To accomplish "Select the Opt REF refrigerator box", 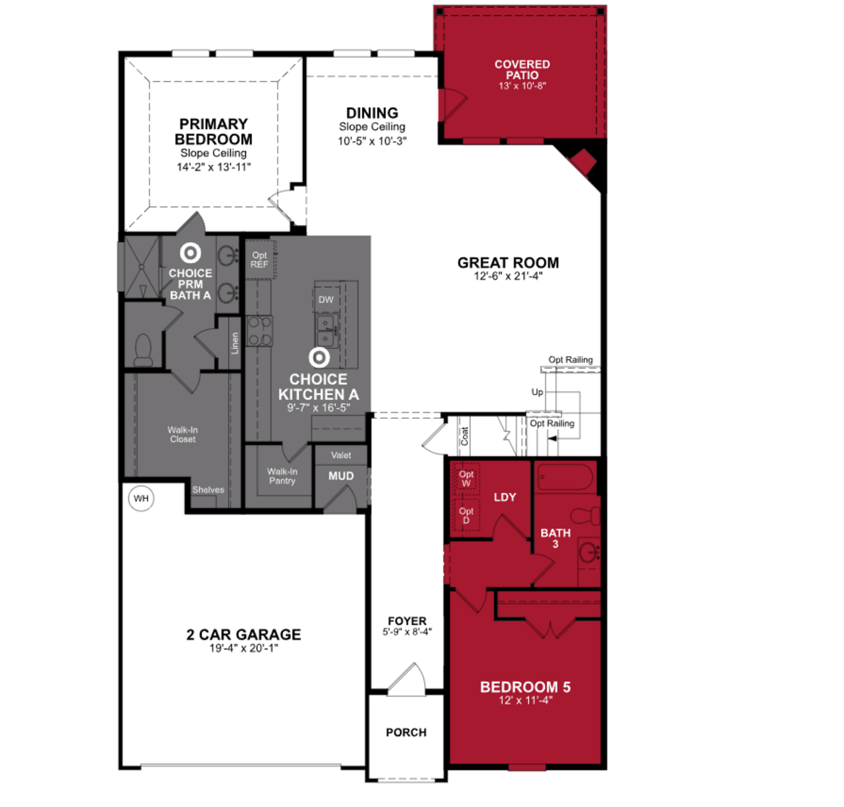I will click(260, 260).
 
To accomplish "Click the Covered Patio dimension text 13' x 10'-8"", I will click(522, 86).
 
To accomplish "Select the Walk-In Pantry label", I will click(282, 476).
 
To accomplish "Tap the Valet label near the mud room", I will click(341, 455).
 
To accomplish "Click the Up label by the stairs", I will click(537, 392).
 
